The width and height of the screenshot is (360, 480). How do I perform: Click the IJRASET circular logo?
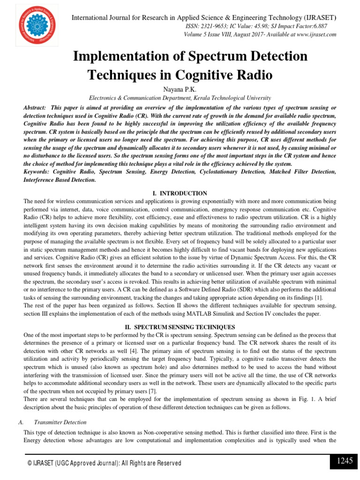point(33,24)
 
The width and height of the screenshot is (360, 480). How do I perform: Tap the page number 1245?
point(345,461)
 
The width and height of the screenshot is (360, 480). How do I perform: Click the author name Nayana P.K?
point(180,89)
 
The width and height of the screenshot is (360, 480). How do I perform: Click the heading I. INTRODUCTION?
point(180,193)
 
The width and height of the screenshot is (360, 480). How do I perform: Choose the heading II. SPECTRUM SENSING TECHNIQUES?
point(180,327)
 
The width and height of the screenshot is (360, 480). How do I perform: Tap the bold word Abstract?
point(35,108)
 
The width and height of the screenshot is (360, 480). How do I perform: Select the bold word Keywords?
point(38,172)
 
